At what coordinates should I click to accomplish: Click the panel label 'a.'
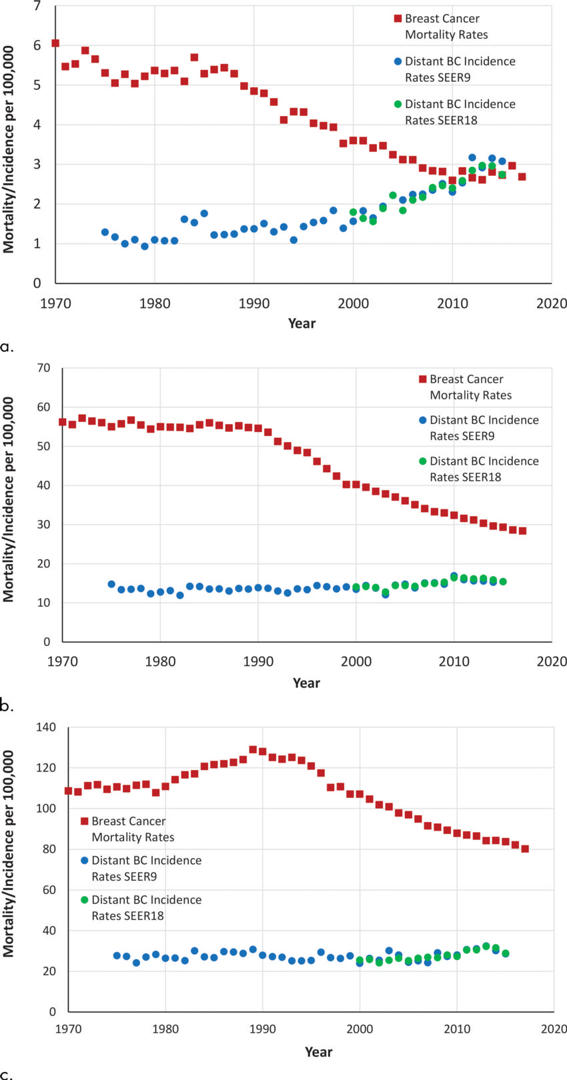point(7,347)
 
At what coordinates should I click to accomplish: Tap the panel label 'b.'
point(7,706)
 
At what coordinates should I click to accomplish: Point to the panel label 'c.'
point(7,1074)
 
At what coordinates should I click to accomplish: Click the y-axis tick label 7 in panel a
point(37,6)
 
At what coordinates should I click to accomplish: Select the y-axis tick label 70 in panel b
point(44,368)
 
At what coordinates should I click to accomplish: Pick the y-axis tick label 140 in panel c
point(46,727)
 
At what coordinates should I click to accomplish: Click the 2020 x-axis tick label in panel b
point(552,661)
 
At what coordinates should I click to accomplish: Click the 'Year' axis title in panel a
point(302,323)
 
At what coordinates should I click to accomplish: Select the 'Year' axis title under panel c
point(318,1051)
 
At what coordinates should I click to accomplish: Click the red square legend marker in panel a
point(398,19)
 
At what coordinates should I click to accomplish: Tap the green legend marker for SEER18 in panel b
point(422,461)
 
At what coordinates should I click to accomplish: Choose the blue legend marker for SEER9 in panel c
point(85,861)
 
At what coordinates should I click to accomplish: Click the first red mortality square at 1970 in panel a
point(55,43)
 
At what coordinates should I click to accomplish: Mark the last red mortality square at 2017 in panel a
point(522,177)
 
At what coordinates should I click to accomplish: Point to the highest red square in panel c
point(253,749)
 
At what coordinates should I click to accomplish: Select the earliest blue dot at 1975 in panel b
point(111,585)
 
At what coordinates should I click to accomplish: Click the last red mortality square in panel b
point(522,531)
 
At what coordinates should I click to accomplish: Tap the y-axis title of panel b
point(9,500)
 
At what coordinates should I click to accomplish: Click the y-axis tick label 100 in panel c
point(46,809)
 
